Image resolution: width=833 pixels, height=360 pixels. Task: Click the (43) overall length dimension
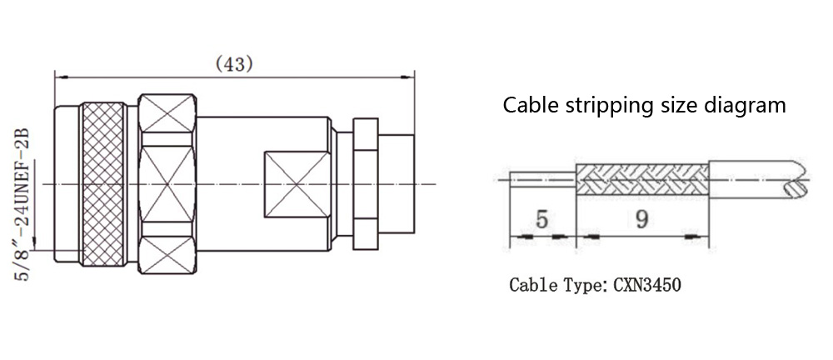pyautogui.click(x=234, y=63)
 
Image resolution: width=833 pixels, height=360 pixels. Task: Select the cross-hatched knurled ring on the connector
pyautogui.click(x=102, y=183)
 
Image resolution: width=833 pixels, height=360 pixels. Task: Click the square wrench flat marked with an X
pyautogui.click(x=295, y=182)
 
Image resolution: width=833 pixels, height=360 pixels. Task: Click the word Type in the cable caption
pyautogui.click(x=583, y=286)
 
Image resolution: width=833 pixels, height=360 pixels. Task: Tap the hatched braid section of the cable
pyautogui.click(x=641, y=178)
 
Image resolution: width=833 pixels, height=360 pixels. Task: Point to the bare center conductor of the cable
pyautogui.click(x=541, y=178)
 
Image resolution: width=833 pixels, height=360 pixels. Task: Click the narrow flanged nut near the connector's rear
pyautogui.click(x=366, y=182)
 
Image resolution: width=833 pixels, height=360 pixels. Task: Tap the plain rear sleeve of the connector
pyautogui.click(x=396, y=182)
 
